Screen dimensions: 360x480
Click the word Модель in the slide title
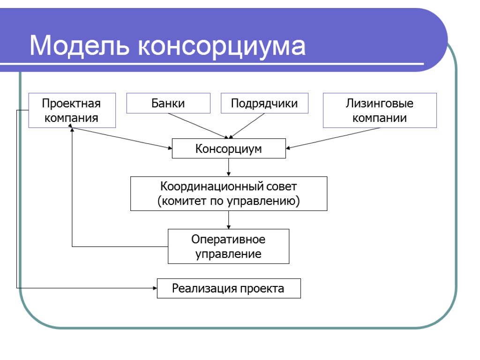coord(79,46)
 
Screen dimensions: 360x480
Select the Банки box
coord(168,103)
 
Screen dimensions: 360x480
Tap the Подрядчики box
coord(264,103)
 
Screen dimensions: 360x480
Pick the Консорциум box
coord(229,149)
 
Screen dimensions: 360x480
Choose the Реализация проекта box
coord(228,288)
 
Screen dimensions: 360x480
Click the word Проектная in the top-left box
coord(71,103)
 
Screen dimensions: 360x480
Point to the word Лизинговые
coord(380,103)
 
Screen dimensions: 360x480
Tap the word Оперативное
coord(228,239)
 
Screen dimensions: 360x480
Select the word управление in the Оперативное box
coord(228,254)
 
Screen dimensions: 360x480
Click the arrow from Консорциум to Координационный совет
coord(228,167)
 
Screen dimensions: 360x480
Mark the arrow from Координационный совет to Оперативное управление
coord(228,219)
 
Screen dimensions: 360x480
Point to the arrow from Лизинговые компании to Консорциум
coord(333,138)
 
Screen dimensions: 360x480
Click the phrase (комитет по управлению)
coord(228,201)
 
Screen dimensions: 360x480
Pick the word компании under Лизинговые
coord(380,118)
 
